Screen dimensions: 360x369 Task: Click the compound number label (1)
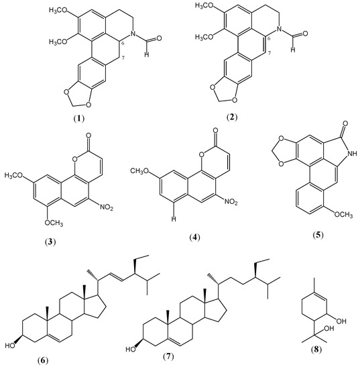coord(79,118)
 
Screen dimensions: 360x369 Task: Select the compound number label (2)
coord(231,117)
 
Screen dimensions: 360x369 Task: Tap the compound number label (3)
coord(50,242)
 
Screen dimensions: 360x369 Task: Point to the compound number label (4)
coord(194,238)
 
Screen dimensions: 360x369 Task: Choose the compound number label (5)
coord(318,235)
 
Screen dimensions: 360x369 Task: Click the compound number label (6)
coord(43,360)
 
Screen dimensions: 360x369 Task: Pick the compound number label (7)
coord(168,357)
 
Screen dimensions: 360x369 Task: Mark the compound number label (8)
coord(316,350)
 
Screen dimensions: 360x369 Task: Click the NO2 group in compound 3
coord(107,207)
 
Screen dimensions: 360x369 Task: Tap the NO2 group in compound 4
coord(231,202)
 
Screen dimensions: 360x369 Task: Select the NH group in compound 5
coord(352,154)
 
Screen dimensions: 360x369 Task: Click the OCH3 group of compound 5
coord(343,215)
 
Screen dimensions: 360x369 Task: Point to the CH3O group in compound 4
coord(140,171)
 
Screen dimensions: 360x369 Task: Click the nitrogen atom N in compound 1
coord(133,34)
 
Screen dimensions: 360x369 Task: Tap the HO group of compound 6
coord(10,346)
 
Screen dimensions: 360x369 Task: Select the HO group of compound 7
coord(131,349)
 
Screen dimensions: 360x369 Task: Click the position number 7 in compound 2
coord(269,53)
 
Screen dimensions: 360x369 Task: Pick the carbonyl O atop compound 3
coord(88,136)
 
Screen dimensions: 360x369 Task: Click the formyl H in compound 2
coord(293,50)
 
